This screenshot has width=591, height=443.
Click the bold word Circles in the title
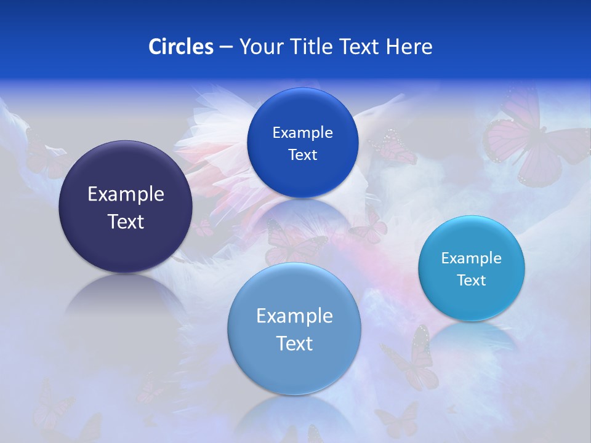click(x=180, y=47)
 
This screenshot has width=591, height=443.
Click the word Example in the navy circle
click(x=126, y=194)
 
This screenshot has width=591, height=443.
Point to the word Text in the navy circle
click(x=126, y=221)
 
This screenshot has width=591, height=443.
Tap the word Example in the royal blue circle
click(x=302, y=133)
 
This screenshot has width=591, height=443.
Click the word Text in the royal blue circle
click(x=302, y=155)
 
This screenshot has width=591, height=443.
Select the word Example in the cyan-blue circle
click(x=472, y=258)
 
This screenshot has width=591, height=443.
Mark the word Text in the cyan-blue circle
click(x=472, y=281)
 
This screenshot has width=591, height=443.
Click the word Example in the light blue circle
click(x=294, y=316)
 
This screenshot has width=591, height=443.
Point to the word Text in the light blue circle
click(x=294, y=343)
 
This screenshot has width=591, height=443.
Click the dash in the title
click(x=225, y=47)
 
